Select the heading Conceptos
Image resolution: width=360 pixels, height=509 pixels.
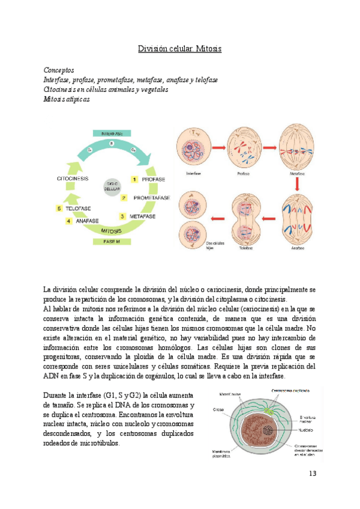59,70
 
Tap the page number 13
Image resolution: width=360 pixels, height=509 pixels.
312,474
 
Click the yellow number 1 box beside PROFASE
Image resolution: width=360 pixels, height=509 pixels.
135,179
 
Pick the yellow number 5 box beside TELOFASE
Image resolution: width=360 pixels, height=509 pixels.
59,208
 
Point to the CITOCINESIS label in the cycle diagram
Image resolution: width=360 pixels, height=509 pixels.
74,179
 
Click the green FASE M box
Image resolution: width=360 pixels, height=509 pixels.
112,242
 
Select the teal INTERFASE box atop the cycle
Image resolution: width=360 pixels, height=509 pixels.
112,133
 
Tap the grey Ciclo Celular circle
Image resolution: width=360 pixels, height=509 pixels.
112,186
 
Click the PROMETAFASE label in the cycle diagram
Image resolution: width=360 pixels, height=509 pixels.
151,197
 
